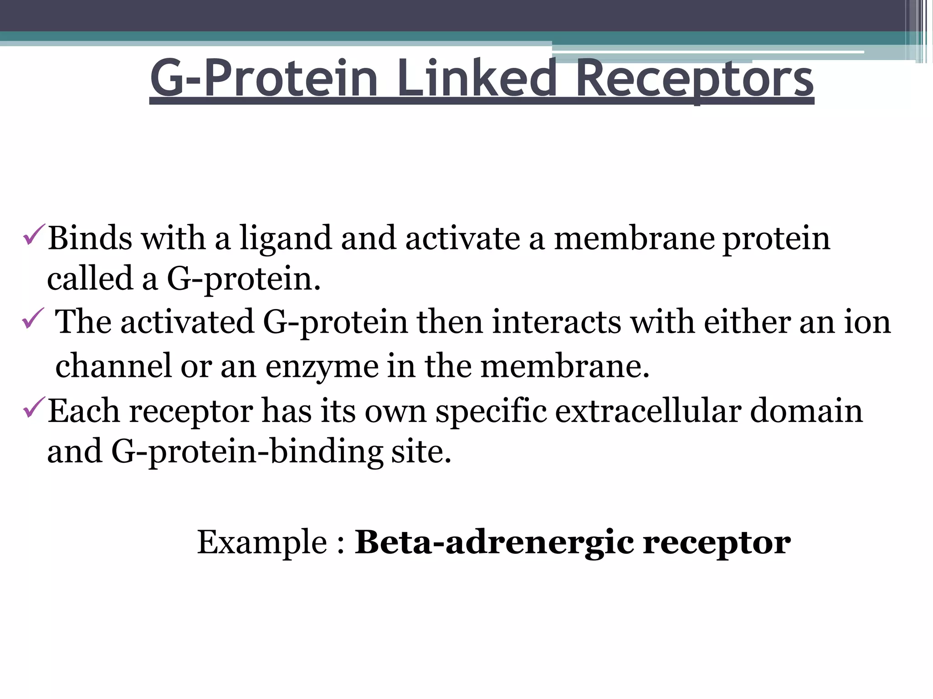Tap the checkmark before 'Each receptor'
(x=34, y=407)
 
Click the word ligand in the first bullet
(x=286, y=238)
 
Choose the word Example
(x=262, y=542)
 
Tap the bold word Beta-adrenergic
(x=494, y=542)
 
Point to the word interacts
(x=556, y=322)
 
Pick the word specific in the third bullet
(x=491, y=412)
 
